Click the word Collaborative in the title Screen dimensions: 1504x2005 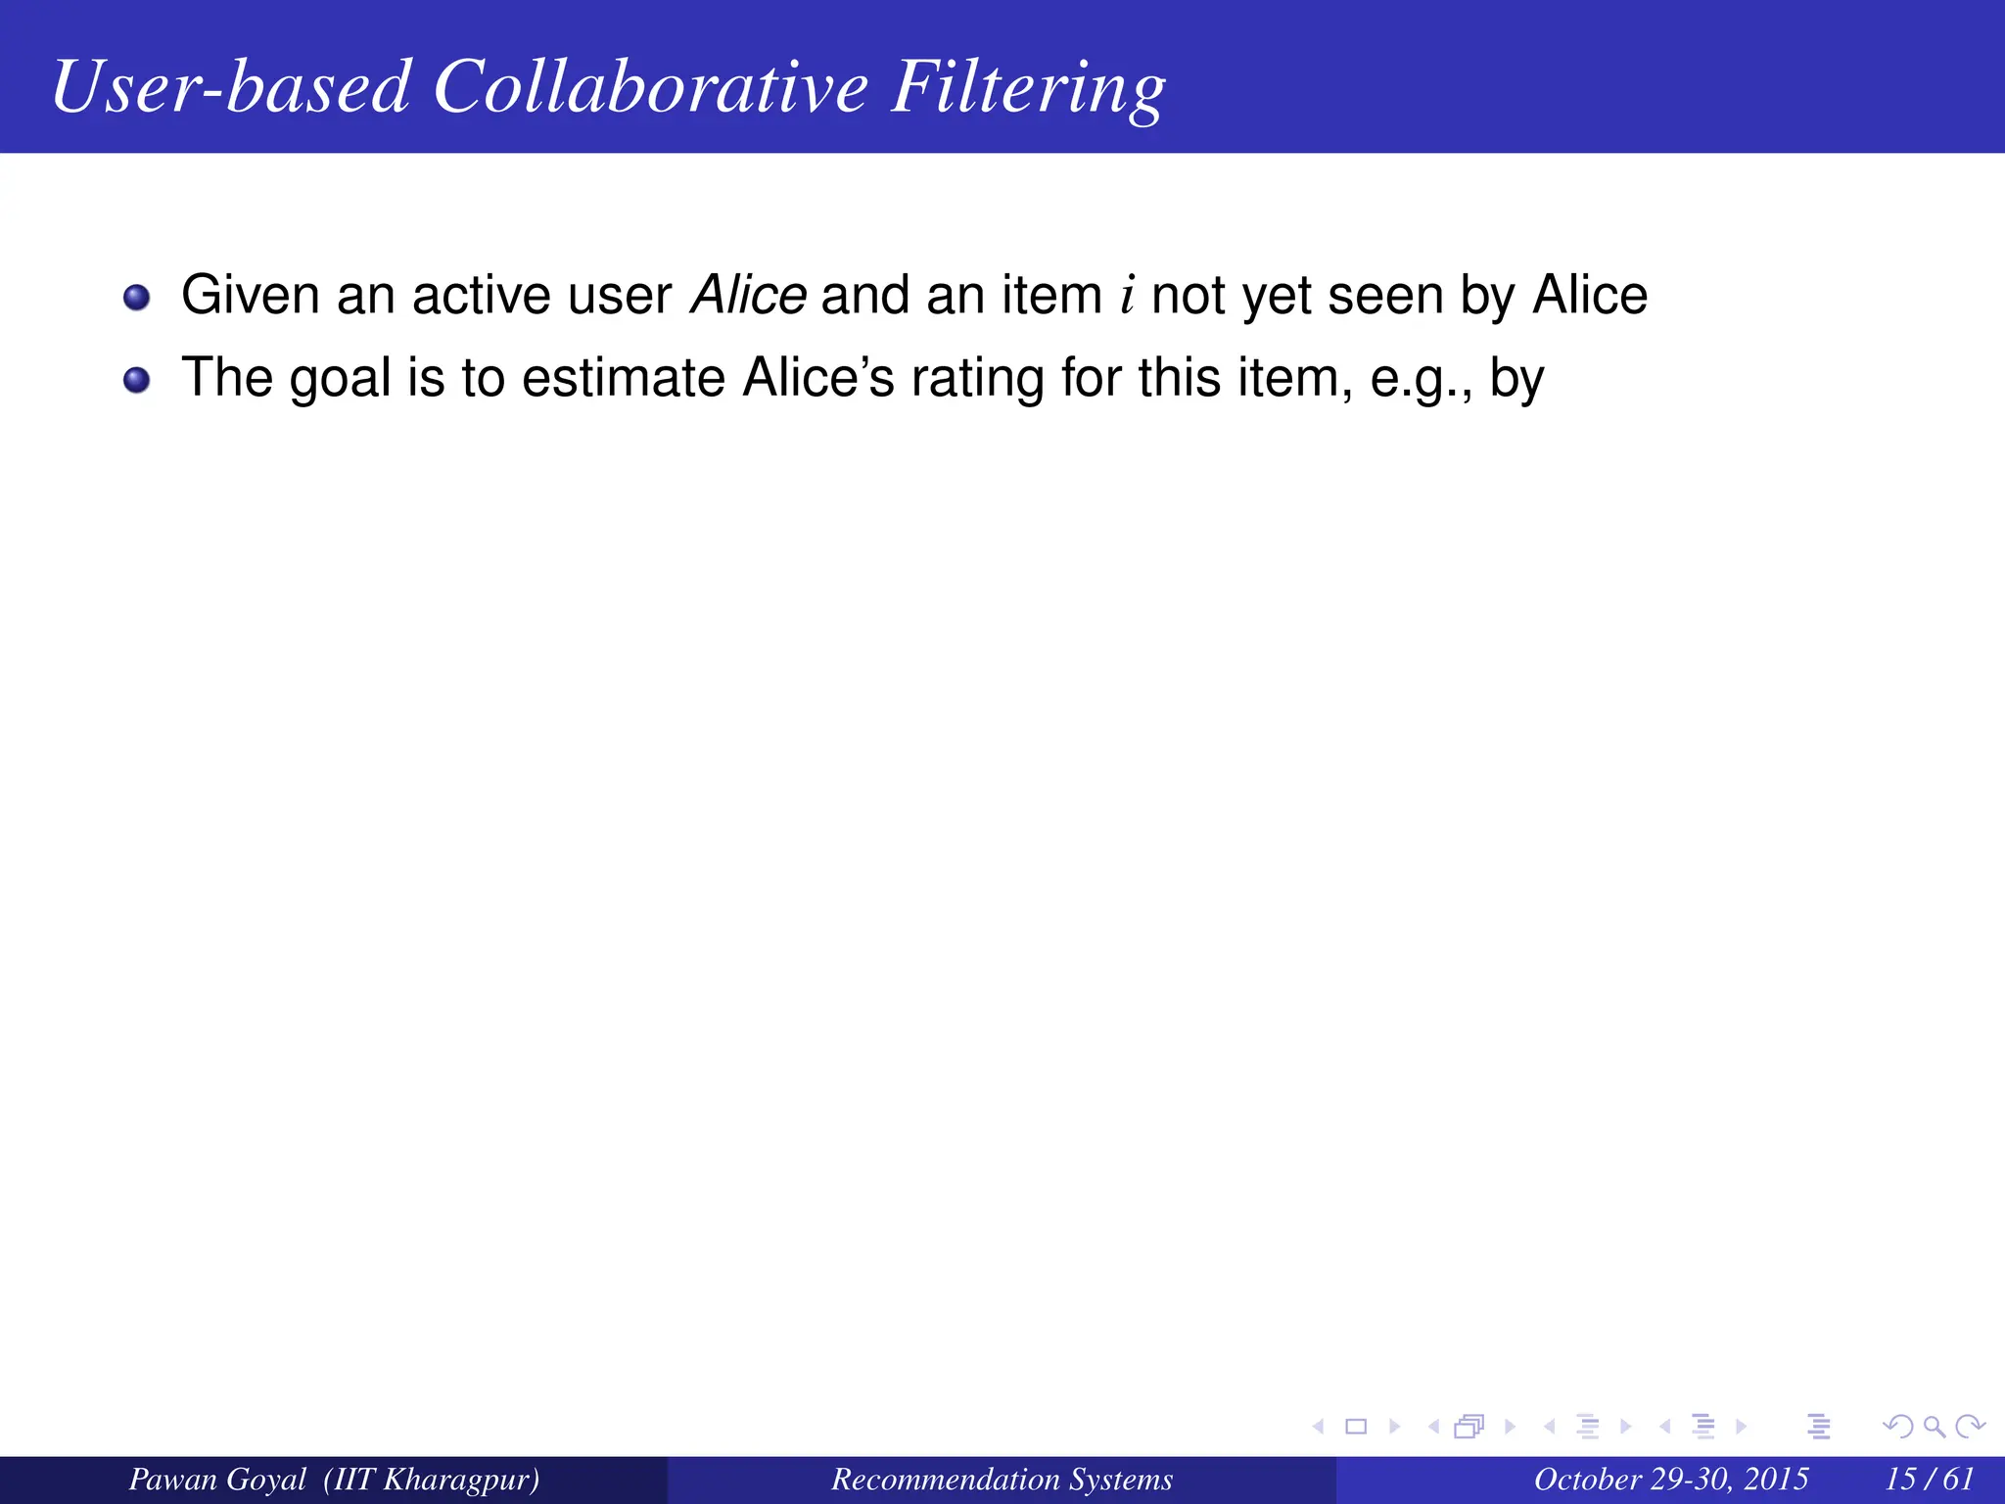click(650, 87)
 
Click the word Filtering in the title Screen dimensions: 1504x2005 click(1028, 87)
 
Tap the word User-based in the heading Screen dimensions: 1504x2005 click(231, 87)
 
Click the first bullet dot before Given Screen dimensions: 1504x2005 click(137, 298)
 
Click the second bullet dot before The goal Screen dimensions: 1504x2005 click(137, 380)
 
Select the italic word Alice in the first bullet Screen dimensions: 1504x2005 click(748, 295)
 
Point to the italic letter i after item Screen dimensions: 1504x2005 click(1128, 295)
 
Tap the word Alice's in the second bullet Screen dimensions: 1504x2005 click(818, 378)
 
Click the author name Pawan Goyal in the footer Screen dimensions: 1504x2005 click(217, 1479)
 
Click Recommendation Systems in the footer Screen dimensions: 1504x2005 click(1002, 1479)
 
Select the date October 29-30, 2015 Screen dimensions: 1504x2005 click(1671, 1479)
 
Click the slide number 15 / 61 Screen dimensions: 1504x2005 click(1930, 1479)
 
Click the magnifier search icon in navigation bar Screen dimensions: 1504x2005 click(1934, 1427)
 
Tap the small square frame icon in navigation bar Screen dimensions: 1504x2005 click(1356, 1427)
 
